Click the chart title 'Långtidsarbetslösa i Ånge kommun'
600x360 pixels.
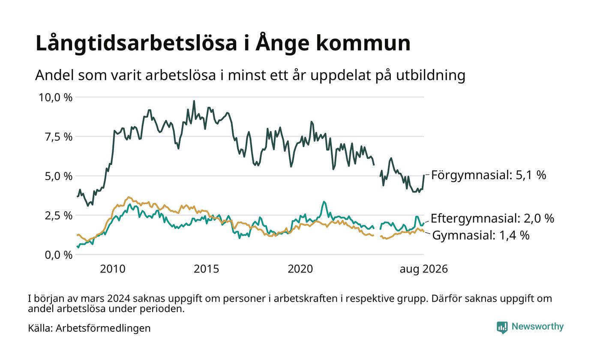coord(223,43)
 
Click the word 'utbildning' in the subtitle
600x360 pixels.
coord(431,75)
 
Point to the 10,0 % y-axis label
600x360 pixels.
coord(55,98)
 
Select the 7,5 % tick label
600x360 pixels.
coord(58,137)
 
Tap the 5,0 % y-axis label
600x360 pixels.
coord(58,176)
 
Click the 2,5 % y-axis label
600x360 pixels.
coord(58,216)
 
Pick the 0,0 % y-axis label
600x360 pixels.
coord(58,255)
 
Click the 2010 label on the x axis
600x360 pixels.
coord(112,269)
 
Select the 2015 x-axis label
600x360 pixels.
coord(206,269)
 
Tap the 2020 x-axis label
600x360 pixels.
coord(300,269)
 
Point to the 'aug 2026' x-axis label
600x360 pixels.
coord(424,269)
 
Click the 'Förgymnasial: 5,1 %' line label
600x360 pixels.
coord(489,175)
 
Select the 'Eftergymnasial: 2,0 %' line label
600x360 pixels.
coord(492,219)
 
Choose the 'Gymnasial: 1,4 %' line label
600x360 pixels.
coord(481,235)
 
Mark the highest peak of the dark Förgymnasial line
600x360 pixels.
coord(194,101)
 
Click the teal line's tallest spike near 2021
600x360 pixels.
coord(324,202)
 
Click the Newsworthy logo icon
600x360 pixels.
coord(502,327)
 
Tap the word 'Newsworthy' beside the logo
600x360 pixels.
coord(537,327)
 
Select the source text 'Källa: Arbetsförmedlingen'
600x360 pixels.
coord(89,328)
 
